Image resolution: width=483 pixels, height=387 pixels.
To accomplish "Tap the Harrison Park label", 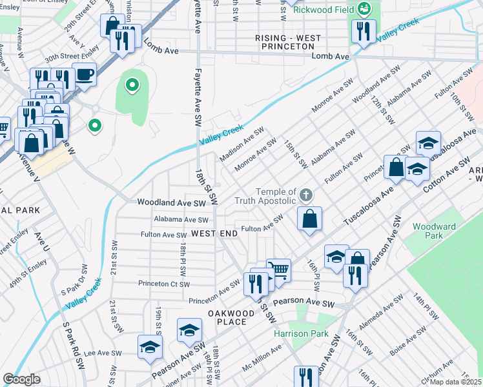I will tap(301, 334).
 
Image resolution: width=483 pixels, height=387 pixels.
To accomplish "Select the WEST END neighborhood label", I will tap(214, 233).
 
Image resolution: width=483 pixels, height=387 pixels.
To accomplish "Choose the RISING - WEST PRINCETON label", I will tap(288, 43).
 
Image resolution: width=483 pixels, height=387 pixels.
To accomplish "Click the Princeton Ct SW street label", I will tap(163, 284).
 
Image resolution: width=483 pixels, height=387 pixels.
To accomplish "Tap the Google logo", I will tap(21, 379).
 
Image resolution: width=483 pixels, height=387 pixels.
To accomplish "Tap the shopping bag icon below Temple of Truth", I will tap(310, 217).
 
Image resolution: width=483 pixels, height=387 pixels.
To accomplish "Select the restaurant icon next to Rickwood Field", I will tap(364, 31).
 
